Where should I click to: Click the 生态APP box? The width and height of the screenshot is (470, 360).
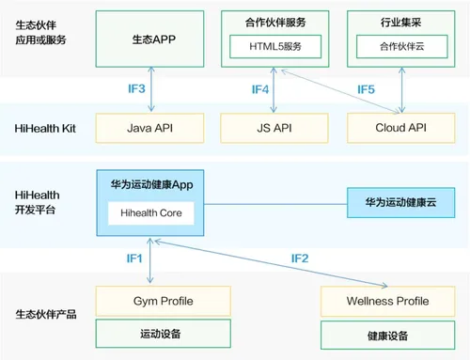151,40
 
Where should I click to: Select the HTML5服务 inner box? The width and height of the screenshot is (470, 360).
272,46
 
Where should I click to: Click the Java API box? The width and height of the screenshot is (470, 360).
151,126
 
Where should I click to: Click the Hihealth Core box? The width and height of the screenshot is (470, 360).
150,213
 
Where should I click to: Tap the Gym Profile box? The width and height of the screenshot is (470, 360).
150,302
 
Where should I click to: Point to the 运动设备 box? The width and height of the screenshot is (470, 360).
150,333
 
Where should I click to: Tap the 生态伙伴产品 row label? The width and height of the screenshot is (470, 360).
44,314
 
